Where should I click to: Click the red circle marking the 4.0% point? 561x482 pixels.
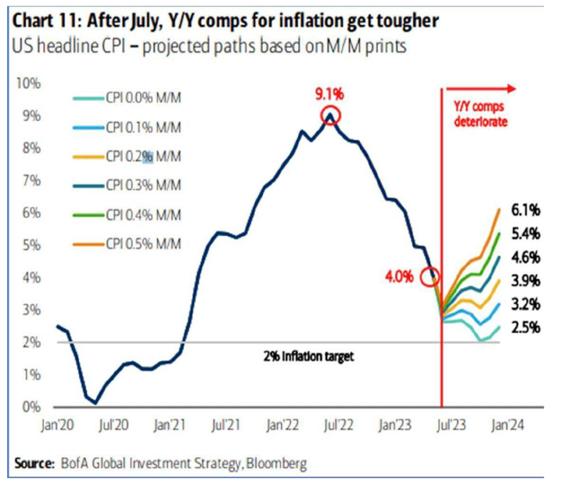pyautogui.click(x=430, y=277)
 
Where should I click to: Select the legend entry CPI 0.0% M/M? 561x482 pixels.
pyautogui.click(x=142, y=100)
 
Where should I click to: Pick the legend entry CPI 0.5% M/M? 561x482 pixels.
pyautogui.click(x=142, y=244)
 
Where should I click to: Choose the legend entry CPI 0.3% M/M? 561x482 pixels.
pyautogui.click(x=142, y=186)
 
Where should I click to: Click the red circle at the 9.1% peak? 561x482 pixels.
pyautogui.click(x=330, y=117)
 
